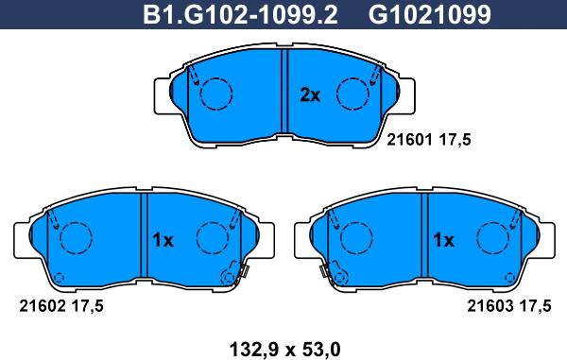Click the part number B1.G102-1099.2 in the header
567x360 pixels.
[x=240, y=14]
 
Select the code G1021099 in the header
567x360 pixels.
[x=430, y=14]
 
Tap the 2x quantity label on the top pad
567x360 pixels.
[x=310, y=95]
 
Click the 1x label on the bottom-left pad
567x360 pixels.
[x=163, y=240]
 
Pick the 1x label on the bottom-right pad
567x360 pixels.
[x=443, y=240]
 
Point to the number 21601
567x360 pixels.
[x=409, y=140]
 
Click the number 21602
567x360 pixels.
[x=43, y=306]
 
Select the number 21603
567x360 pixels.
[x=490, y=306]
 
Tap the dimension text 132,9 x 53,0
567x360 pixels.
[x=285, y=350]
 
